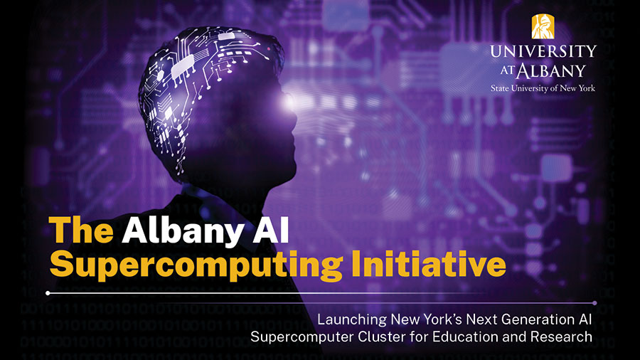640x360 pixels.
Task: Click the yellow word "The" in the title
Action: (80, 231)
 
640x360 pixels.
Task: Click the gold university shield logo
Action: (543, 26)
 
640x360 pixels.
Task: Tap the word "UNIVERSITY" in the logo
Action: (543, 52)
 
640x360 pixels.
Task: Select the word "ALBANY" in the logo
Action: (553, 70)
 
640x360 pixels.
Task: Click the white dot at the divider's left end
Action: (48, 292)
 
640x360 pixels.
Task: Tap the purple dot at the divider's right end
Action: (594, 303)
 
